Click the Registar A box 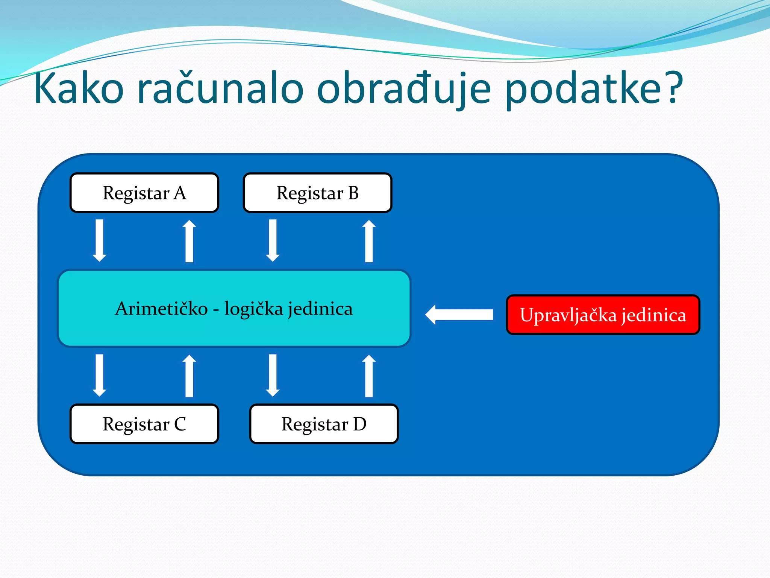coord(144,193)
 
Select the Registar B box coord(318,193)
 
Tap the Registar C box coord(144,424)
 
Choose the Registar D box coord(324,424)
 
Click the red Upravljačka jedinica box coord(603,315)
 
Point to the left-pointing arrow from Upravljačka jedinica coord(459,315)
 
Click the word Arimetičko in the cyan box coord(161,309)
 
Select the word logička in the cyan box coord(253,309)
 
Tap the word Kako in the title coord(79,89)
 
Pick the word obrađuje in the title coord(404,89)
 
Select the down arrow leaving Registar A coord(100,241)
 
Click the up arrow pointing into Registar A coord(189,241)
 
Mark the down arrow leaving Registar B coord(273,241)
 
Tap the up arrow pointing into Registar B coord(369,241)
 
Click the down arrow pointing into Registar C coord(100,376)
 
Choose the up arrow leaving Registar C coord(189,376)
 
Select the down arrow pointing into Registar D coord(273,376)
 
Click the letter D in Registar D coord(359,424)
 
